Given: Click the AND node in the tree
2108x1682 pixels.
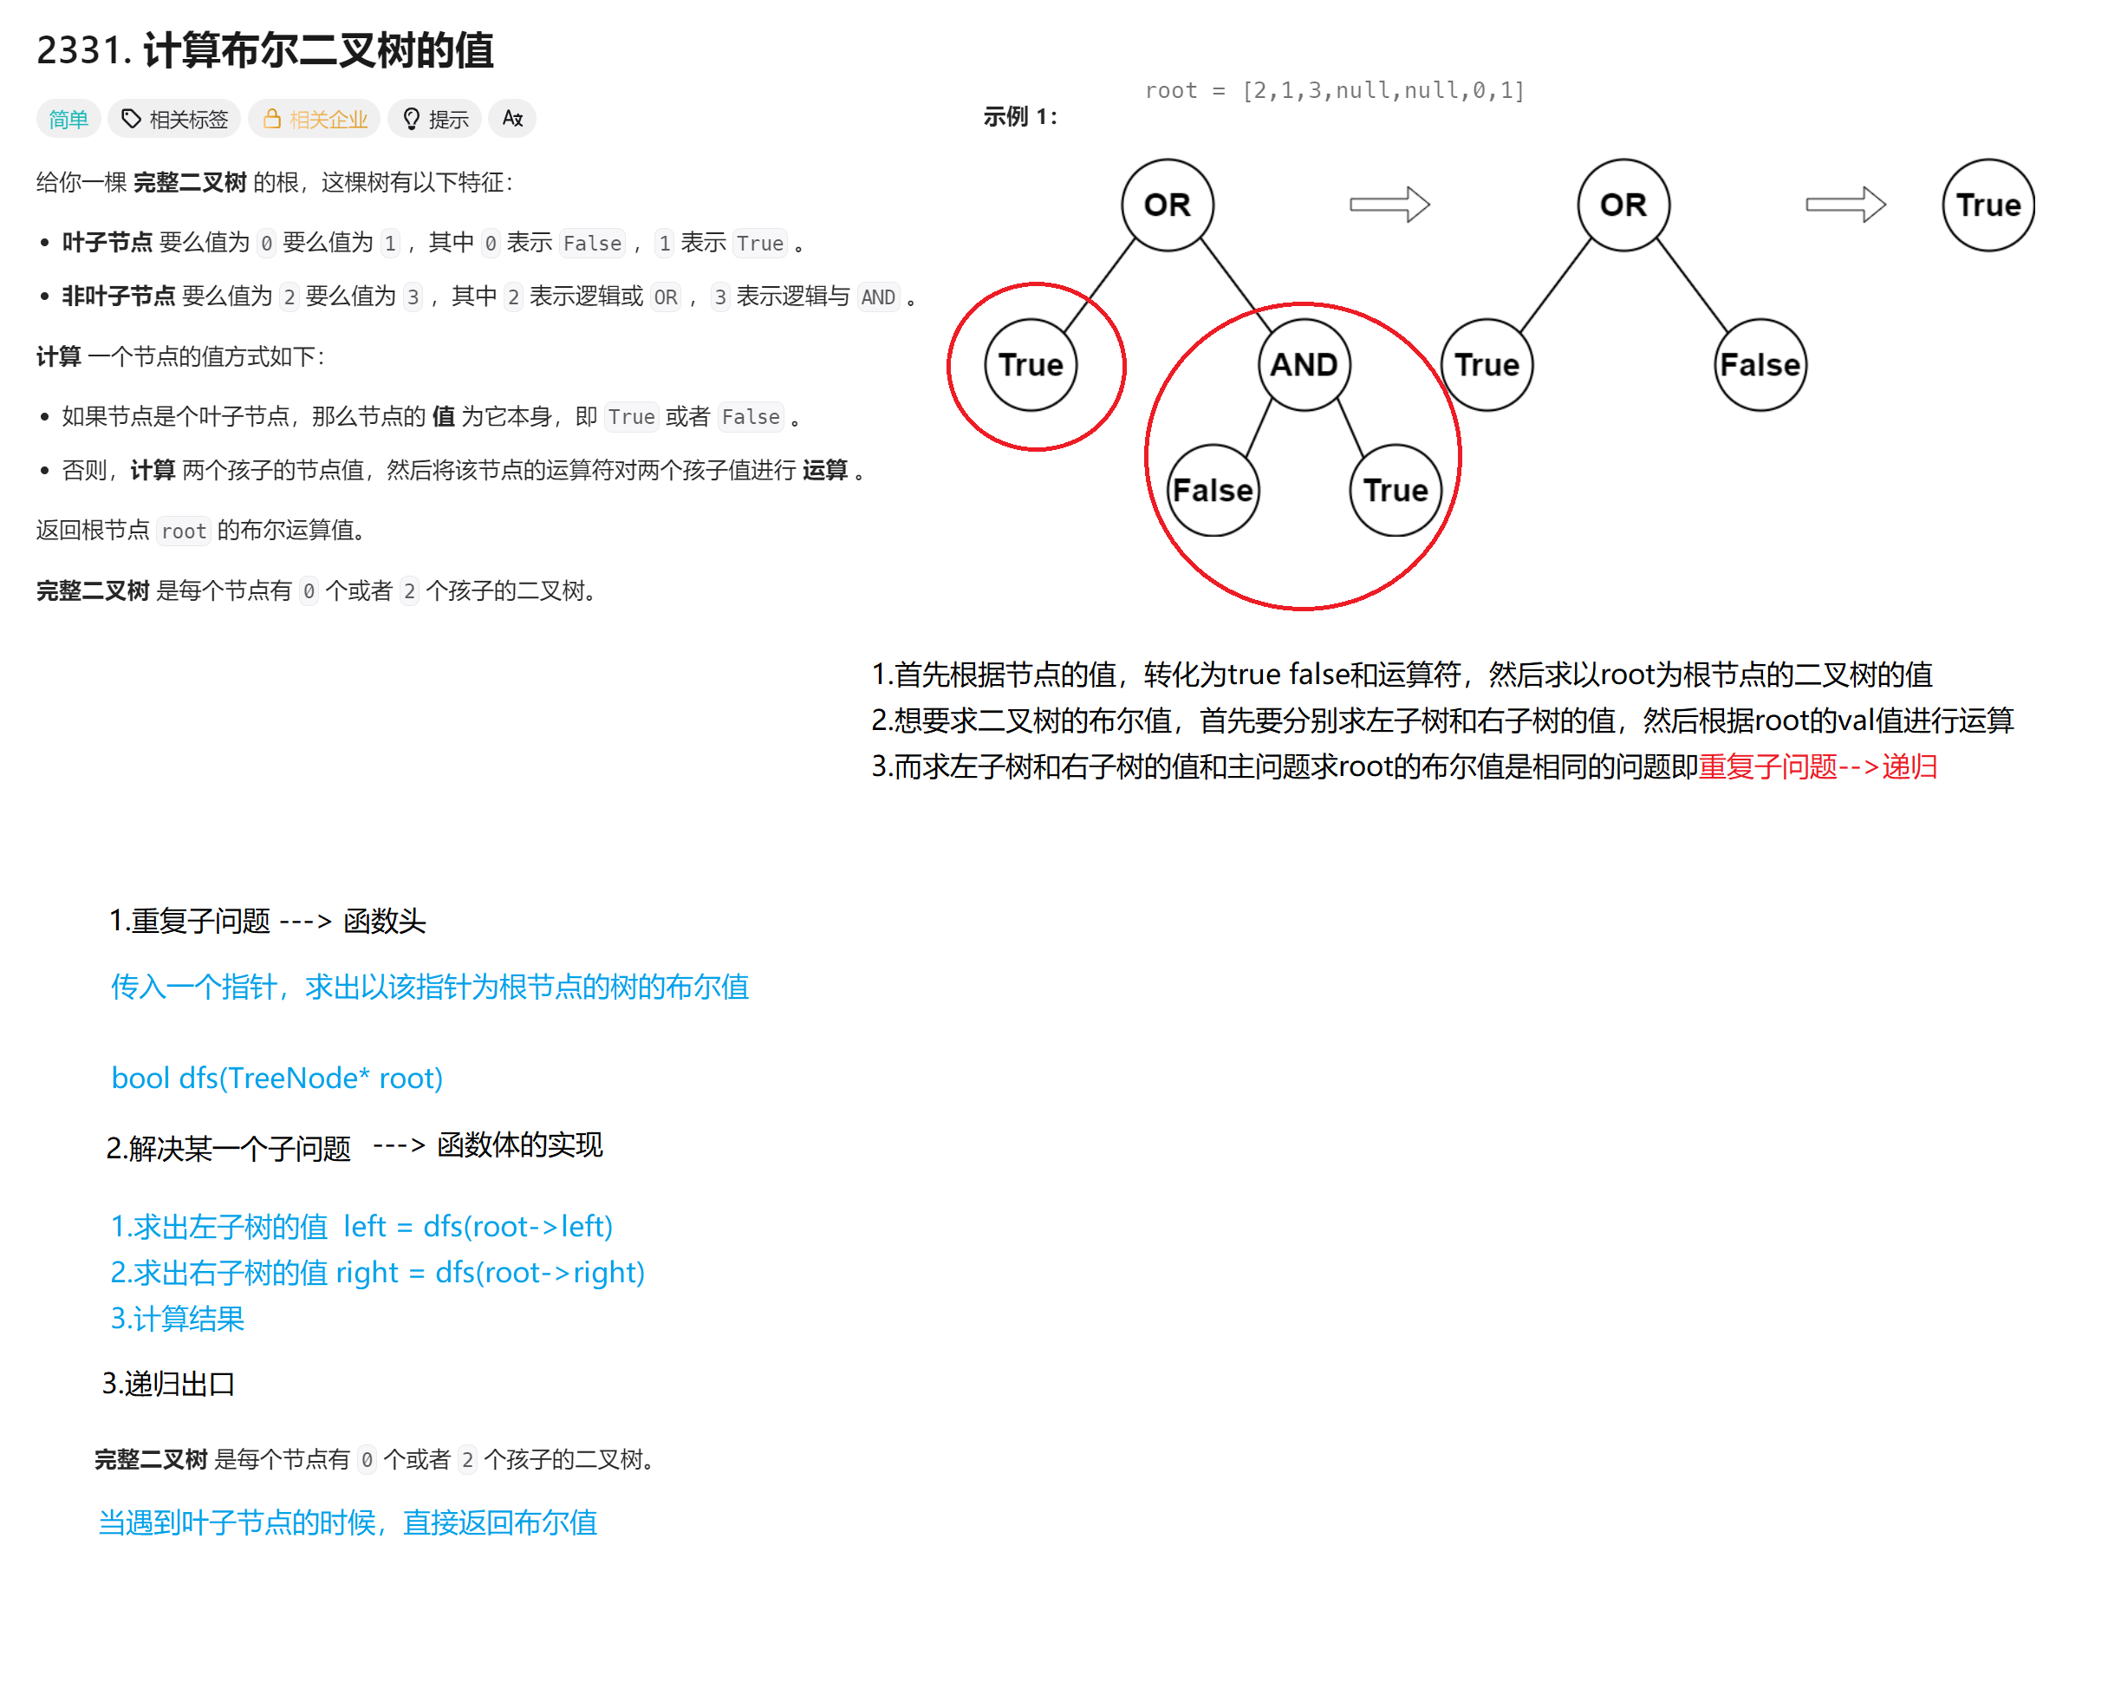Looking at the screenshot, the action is (1304, 365).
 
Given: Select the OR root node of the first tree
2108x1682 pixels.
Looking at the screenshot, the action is (1168, 205).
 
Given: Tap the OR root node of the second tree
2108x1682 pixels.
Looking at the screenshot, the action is (1623, 205).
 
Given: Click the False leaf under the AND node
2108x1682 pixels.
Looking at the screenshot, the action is (1213, 490).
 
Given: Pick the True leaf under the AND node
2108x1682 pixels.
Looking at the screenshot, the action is (1396, 490).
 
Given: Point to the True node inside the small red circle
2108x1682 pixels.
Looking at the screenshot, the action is (1031, 365).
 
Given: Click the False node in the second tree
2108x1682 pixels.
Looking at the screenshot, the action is (1760, 365).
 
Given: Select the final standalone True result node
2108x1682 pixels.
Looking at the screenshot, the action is (1988, 205).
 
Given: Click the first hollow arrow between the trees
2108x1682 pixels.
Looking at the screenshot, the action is (1389, 205).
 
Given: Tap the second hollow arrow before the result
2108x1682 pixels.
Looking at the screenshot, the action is (1845, 205).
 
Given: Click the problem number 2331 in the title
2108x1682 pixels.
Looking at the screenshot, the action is (82, 50).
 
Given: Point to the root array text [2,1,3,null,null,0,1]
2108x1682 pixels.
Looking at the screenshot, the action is (1383, 91).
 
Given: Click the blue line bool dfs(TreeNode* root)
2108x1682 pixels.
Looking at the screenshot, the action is (277, 1078).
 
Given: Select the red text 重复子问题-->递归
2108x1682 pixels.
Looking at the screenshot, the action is (1818, 766).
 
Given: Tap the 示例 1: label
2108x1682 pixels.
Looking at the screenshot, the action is (1020, 117).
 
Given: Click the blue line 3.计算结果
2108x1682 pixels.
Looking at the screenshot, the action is (177, 1318).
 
